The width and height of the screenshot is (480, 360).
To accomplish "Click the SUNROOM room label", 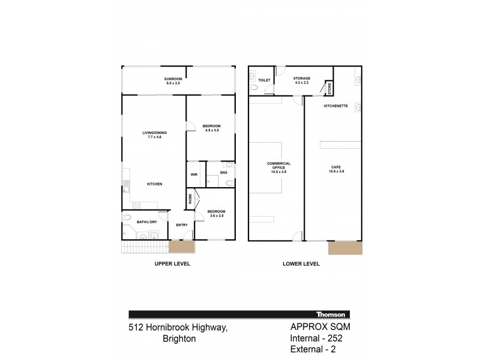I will click(x=173, y=79).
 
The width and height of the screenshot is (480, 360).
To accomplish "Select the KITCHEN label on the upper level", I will click(x=154, y=184).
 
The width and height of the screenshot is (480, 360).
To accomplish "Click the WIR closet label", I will click(x=194, y=175).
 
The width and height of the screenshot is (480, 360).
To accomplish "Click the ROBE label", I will click(x=190, y=199).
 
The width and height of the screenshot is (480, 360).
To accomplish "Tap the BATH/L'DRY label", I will click(x=146, y=222).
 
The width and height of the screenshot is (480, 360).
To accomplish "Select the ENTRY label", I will click(x=182, y=225).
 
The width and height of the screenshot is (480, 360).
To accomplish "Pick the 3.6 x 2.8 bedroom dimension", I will click(x=215, y=215).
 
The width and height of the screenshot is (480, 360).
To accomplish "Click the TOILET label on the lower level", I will click(x=264, y=80).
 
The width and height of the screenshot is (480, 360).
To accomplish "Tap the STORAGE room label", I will click(x=301, y=79).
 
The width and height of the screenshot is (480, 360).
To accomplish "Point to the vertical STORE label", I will click(x=329, y=89).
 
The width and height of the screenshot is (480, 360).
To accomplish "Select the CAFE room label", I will click(x=336, y=167).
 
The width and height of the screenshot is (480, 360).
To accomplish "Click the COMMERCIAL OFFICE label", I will click(x=279, y=166).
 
